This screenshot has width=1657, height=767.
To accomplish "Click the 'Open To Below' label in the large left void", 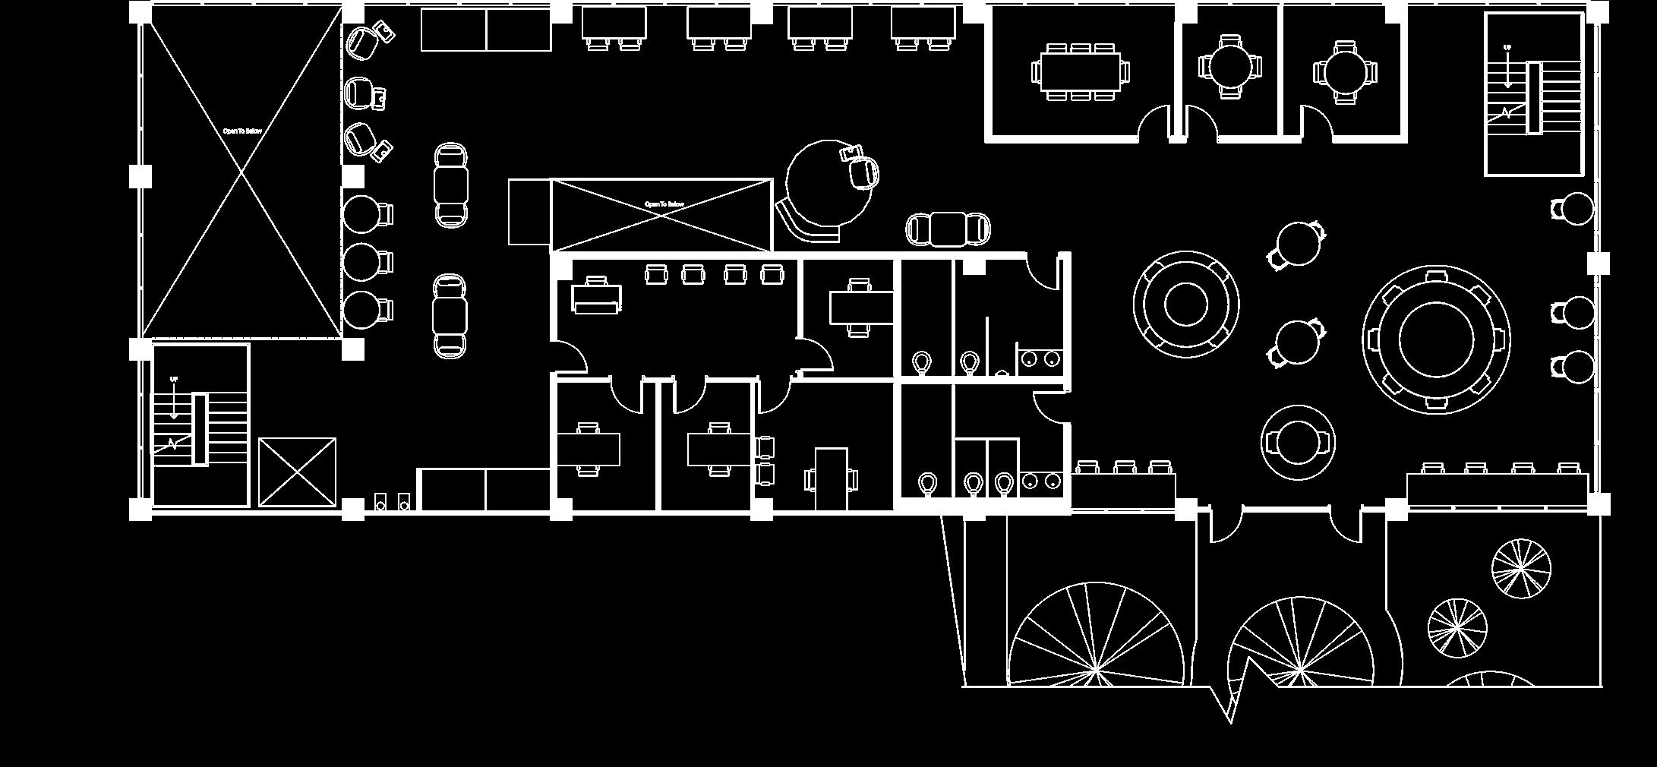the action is tap(242, 131).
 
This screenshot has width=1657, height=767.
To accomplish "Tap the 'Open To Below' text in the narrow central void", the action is tap(664, 204).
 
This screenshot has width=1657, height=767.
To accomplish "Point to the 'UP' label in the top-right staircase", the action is tap(1507, 48).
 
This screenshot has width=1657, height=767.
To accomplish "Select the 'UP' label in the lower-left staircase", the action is tap(174, 379).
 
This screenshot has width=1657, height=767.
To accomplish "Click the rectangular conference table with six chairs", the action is tap(1080, 71).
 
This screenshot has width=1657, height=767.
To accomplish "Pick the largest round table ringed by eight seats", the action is tap(1435, 339).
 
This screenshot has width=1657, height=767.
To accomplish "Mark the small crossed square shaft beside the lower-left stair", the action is tap(297, 472).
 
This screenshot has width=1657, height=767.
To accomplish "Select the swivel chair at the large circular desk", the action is tap(864, 172).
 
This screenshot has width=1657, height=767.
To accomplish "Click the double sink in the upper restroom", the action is tap(1040, 358).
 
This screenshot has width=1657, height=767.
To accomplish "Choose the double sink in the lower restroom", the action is tap(1040, 481).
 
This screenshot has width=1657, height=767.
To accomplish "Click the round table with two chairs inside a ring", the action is tap(1298, 442).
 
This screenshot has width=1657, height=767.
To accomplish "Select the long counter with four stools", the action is tap(1497, 488).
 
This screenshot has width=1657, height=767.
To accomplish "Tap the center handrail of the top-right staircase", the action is tap(1534, 99).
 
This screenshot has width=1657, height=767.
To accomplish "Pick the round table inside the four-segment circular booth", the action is tap(1185, 304).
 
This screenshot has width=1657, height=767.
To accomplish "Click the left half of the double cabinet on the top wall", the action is tap(453, 30).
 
